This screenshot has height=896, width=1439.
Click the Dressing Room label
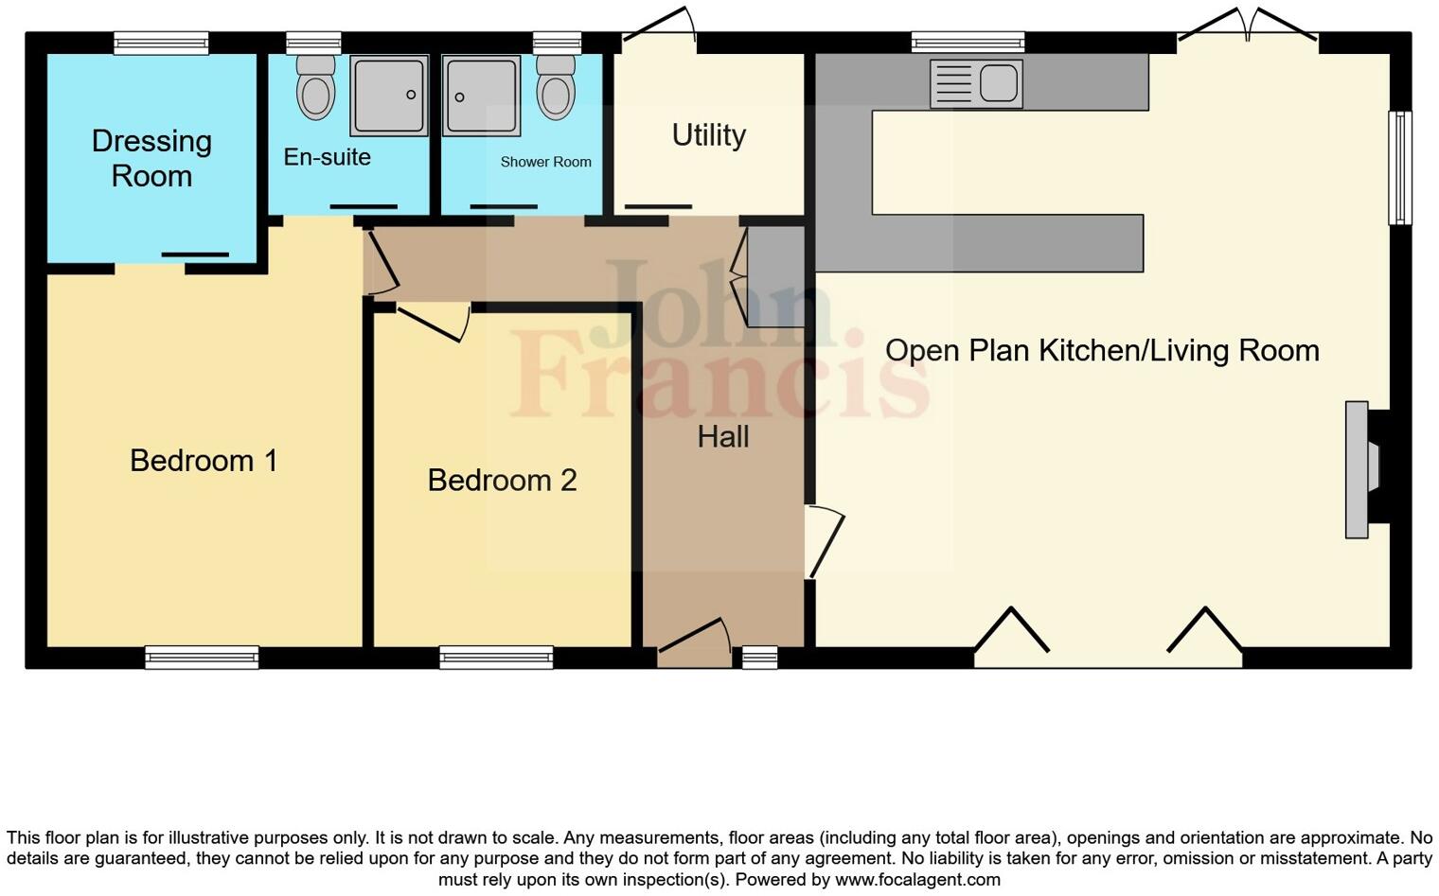coord(151,158)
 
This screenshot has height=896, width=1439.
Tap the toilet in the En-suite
coord(315,87)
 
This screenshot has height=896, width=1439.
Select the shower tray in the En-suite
coord(389,95)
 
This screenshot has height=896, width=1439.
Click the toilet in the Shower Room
coord(556,87)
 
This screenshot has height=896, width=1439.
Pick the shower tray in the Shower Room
coord(482,96)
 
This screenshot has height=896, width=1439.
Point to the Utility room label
coord(708,135)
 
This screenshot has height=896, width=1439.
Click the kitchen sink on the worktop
coord(976,82)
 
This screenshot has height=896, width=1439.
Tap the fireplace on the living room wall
coord(1361,469)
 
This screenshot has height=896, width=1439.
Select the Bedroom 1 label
coord(204,461)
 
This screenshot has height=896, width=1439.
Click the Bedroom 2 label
coord(502,481)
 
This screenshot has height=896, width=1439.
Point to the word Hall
coord(723,437)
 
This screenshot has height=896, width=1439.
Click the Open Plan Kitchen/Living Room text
coord(1101,351)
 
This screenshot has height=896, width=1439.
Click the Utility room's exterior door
coord(660,26)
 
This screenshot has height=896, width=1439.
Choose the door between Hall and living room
coord(822,541)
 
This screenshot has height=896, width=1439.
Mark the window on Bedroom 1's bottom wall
coord(202,657)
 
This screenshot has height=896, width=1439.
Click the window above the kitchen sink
coord(968,42)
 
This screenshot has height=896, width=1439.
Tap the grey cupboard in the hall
coord(775,276)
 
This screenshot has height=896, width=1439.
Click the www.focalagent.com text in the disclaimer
coord(917,879)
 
